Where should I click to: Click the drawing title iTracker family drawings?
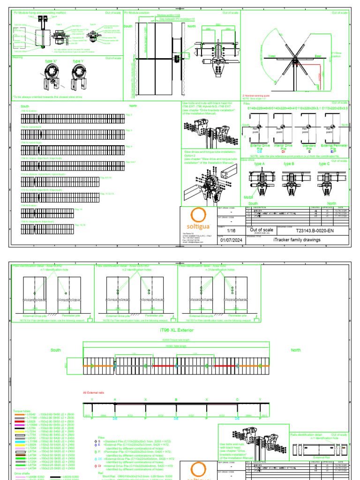(298, 240)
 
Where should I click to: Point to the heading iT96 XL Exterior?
(174, 330)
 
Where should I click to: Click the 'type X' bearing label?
(51, 61)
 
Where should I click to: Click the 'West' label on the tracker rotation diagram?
(271, 56)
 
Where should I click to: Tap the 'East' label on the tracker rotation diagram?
(318, 56)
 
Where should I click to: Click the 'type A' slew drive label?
(259, 164)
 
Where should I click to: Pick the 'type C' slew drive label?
(324, 164)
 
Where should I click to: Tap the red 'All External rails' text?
(94, 392)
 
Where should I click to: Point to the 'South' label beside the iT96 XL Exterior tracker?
(56, 350)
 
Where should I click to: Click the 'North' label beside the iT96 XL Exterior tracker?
(296, 350)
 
